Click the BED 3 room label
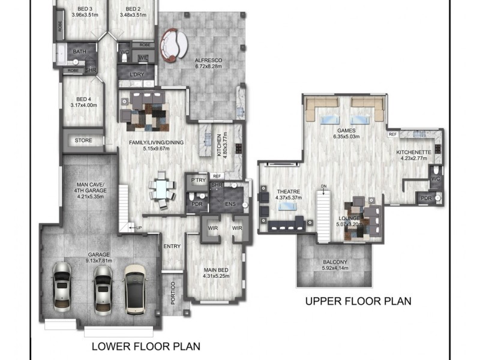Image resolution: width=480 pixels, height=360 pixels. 83,9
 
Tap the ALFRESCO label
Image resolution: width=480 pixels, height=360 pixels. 209,60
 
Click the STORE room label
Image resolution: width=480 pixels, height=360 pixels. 83,140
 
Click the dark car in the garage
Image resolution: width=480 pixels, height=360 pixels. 136,289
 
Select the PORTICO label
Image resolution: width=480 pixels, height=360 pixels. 172,293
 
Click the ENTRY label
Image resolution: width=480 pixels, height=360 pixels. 172,245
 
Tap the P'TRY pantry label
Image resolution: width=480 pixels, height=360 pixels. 196,180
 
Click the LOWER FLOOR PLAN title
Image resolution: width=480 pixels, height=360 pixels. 145,346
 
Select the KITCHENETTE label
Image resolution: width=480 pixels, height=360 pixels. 414,152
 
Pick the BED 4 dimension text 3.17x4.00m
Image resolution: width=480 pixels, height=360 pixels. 83,105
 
